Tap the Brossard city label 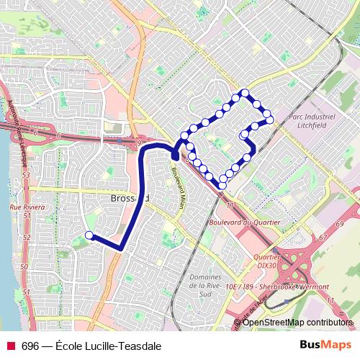130,197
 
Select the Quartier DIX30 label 267,260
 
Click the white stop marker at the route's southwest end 89,235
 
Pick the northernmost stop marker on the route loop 246,92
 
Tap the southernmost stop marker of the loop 222,185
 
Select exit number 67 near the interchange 322,236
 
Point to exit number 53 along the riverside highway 25,174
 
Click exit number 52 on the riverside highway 27,236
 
